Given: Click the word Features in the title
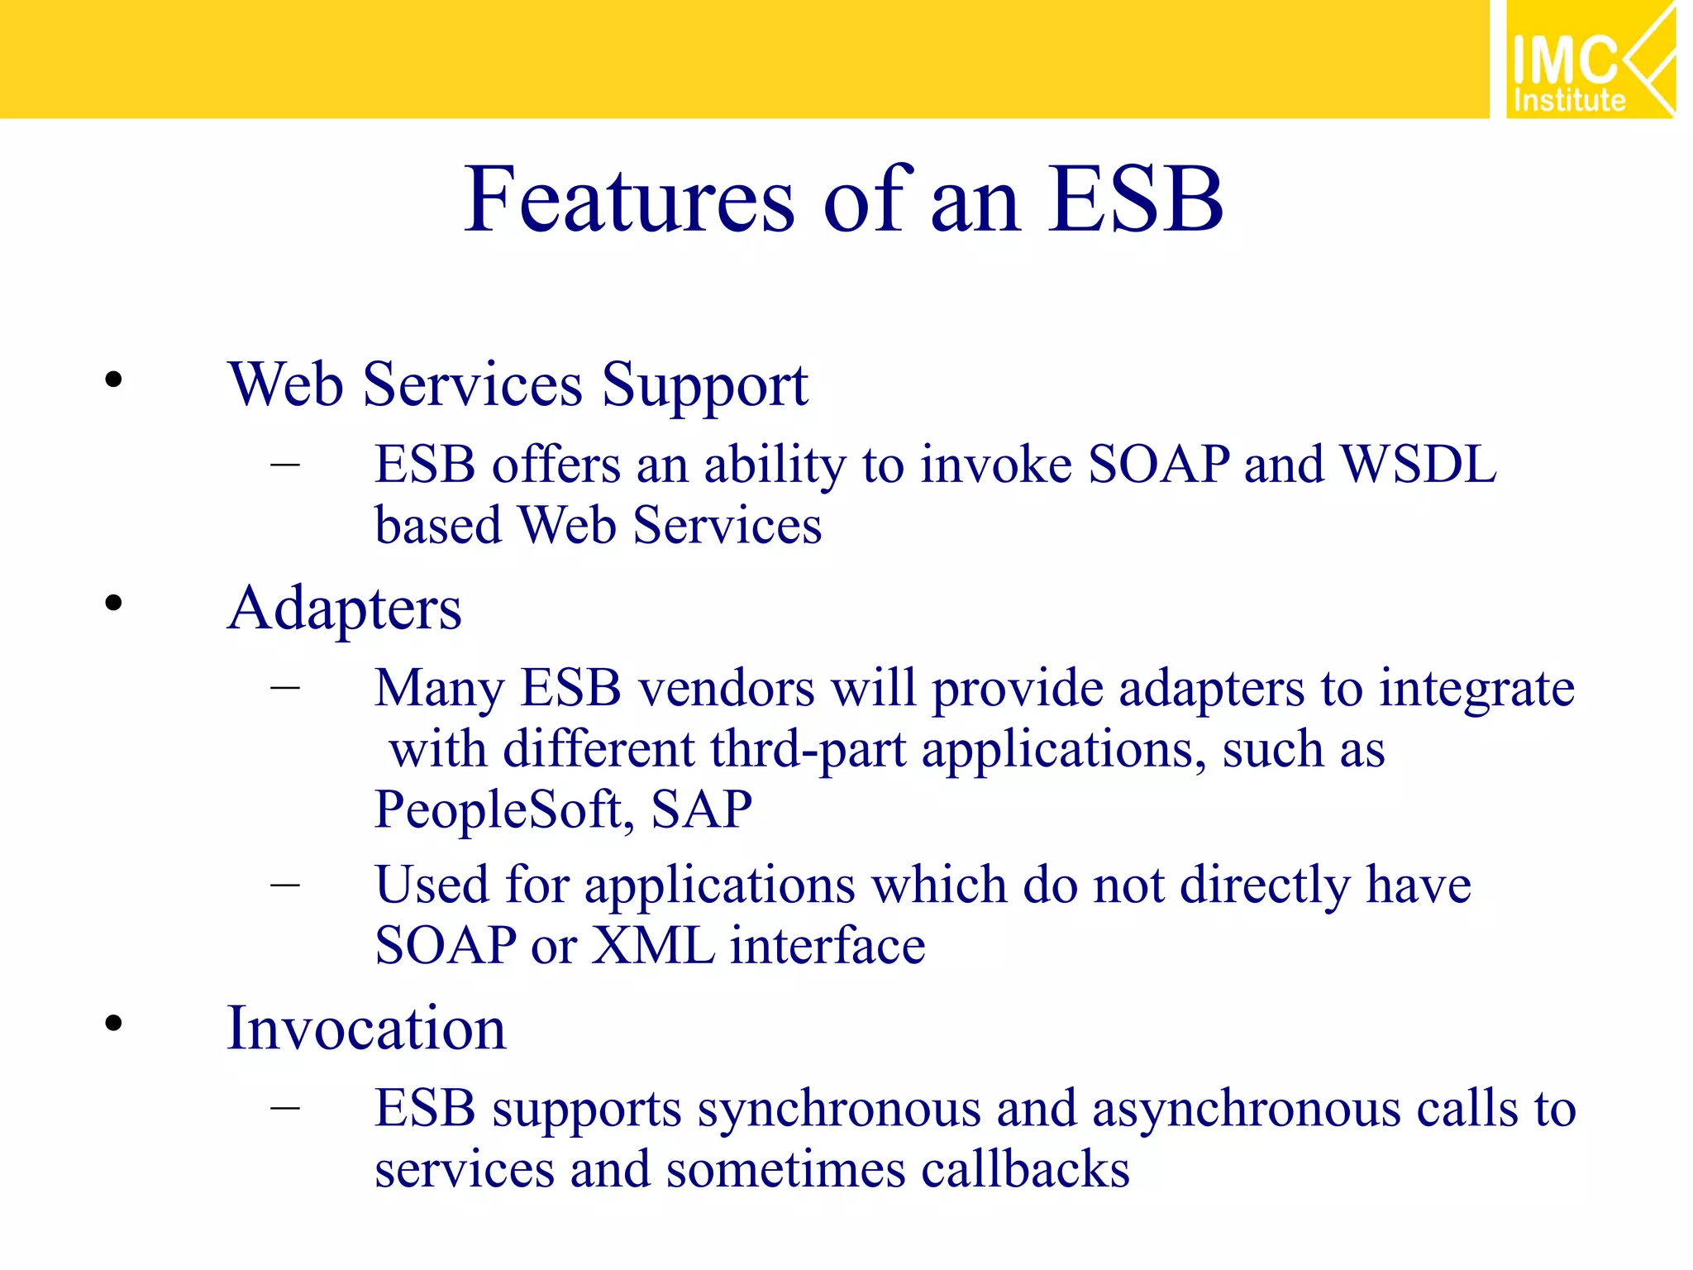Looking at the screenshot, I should point(628,200).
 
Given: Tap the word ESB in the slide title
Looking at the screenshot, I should point(1136,200).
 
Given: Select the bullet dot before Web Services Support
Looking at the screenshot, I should point(114,380).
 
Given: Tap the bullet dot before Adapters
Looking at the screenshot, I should point(114,603).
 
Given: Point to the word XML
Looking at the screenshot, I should point(653,946).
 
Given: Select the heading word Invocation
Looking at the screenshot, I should point(366,1029).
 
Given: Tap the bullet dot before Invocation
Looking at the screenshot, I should point(114,1024).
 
